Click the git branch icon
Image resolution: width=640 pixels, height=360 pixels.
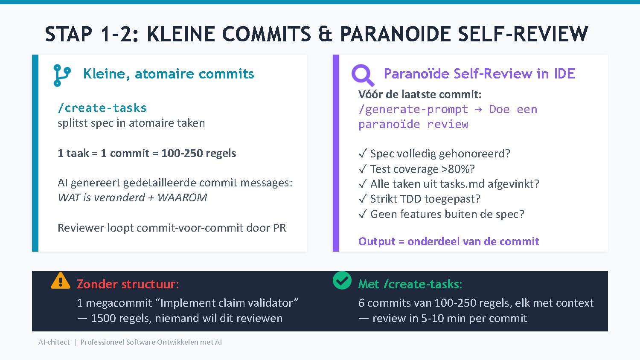pyautogui.click(x=62, y=75)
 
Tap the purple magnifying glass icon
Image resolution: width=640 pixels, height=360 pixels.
pyautogui.click(x=363, y=75)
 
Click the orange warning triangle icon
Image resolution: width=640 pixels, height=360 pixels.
pyautogui.click(x=61, y=281)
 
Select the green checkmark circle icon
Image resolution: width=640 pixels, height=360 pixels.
pyautogui.click(x=342, y=281)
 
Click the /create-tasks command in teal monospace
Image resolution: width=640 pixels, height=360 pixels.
pyautogui.click(x=102, y=108)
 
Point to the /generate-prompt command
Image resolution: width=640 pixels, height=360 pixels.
pyautogui.click(x=413, y=110)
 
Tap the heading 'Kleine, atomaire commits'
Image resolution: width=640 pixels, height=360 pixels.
pyautogui.click(x=169, y=74)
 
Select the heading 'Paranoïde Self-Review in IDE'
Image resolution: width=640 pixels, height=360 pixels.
pyautogui.click(x=479, y=74)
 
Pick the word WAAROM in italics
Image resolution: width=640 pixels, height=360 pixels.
pyautogui.click(x=182, y=197)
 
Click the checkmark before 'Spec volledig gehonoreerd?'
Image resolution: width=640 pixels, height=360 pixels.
pyautogui.click(x=363, y=154)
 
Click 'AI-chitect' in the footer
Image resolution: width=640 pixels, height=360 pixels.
pyautogui.click(x=54, y=342)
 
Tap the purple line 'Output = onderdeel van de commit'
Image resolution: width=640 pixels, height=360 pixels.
pyautogui.click(x=448, y=241)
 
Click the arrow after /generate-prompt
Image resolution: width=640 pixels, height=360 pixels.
pyautogui.click(x=478, y=110)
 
